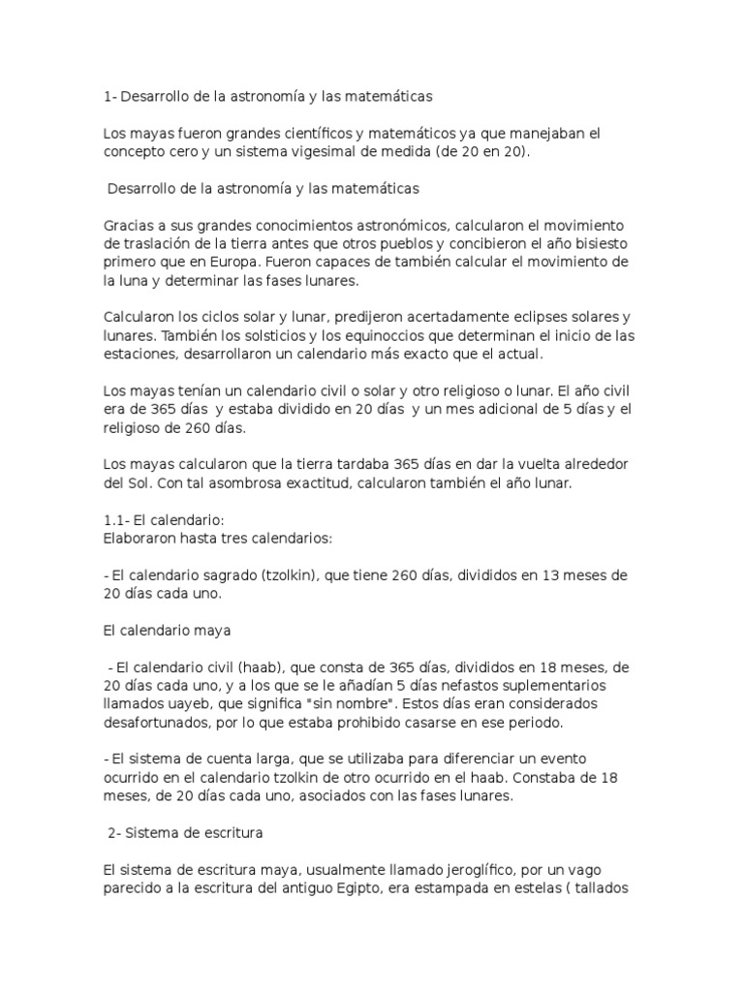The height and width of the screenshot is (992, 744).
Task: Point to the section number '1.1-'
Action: [117, 520]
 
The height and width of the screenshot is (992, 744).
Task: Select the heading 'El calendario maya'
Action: [167, 631]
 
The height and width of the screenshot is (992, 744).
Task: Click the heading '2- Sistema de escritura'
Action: [187, 833]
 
